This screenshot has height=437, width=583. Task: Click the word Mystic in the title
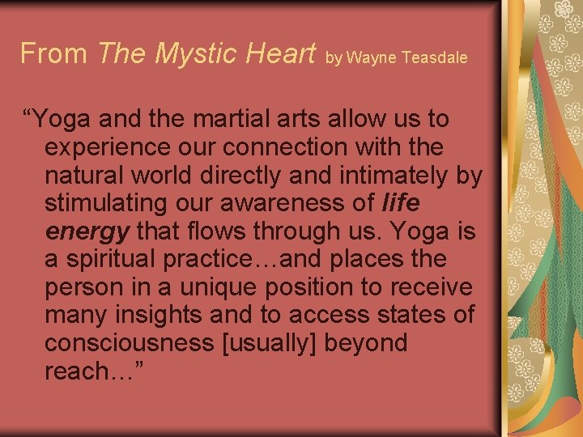(193, 54)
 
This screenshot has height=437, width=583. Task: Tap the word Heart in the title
(277, 54)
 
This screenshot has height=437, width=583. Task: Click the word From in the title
(53, 54)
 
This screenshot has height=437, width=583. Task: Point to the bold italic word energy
(87, 232)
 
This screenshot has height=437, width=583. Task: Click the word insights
(160, 316)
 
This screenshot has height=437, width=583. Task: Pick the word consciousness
(129, 343)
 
